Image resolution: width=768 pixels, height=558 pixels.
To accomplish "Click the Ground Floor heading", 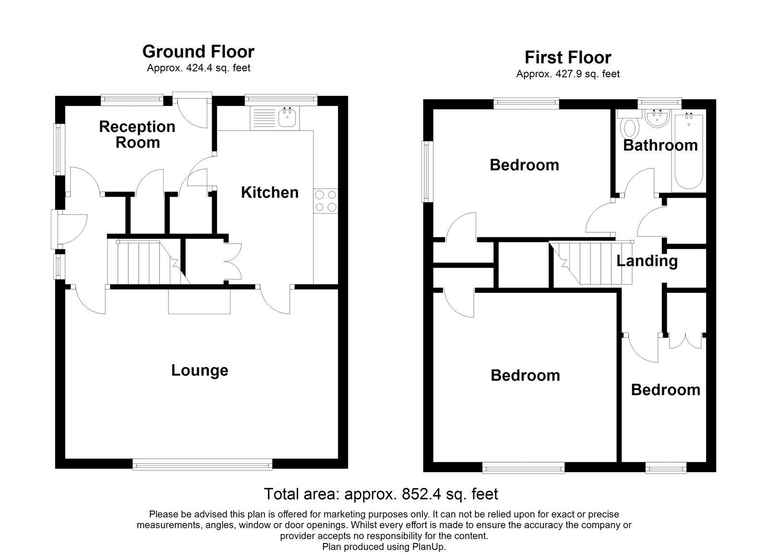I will (x=198, y=52).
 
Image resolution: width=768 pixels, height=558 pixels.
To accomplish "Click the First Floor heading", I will (x=568, y=58).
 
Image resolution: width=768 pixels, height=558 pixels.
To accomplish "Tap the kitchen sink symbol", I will (x=288, y=118).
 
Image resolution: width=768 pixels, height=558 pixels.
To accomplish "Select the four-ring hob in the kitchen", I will (x=325, y=201).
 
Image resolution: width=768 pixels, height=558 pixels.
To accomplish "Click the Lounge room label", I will (x=200, y=370).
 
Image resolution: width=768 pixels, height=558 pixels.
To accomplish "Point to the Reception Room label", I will (x=137, y=134).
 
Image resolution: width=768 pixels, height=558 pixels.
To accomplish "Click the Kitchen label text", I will (x=270, y=192).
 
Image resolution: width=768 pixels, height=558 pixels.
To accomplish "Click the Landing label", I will (x=647, y=261).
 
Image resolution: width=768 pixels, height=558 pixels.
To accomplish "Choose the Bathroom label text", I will (x=660, y=145).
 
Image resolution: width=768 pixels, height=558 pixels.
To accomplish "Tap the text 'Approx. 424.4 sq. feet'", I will (x=198, y=68).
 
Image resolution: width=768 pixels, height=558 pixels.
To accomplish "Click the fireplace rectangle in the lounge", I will (x=199, y=302).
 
